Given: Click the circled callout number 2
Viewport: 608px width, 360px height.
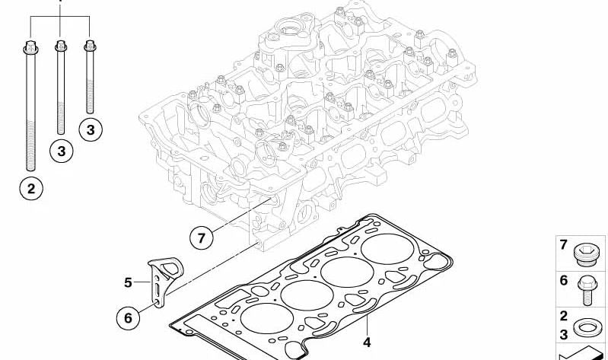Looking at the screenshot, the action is (31, 189).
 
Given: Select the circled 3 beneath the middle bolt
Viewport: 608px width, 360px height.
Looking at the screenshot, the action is (62, 151).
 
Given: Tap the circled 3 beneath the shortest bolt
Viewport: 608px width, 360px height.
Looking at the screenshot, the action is (91, 129).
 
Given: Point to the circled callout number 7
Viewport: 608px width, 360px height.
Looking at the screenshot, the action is (202, 237).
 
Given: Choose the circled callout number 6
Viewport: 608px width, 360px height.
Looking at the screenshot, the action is (128, 317).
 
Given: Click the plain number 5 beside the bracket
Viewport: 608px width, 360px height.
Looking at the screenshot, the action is (128, 282).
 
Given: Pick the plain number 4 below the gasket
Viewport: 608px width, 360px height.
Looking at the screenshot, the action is (367, 342).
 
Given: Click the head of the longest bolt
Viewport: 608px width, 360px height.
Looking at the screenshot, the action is (30, 47).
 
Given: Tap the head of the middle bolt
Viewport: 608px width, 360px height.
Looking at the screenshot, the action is (60, 46).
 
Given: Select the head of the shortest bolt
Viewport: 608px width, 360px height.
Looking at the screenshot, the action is (90, 46).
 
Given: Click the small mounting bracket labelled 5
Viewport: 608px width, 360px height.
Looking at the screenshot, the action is (165, 281).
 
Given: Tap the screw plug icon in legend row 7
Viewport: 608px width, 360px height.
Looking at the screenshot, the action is (586, 254).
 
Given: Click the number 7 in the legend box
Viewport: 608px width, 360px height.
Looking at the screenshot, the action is (564, 245).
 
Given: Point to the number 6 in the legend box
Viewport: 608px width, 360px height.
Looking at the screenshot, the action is (564, 280).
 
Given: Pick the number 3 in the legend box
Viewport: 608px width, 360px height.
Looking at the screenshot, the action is (564, 334).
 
